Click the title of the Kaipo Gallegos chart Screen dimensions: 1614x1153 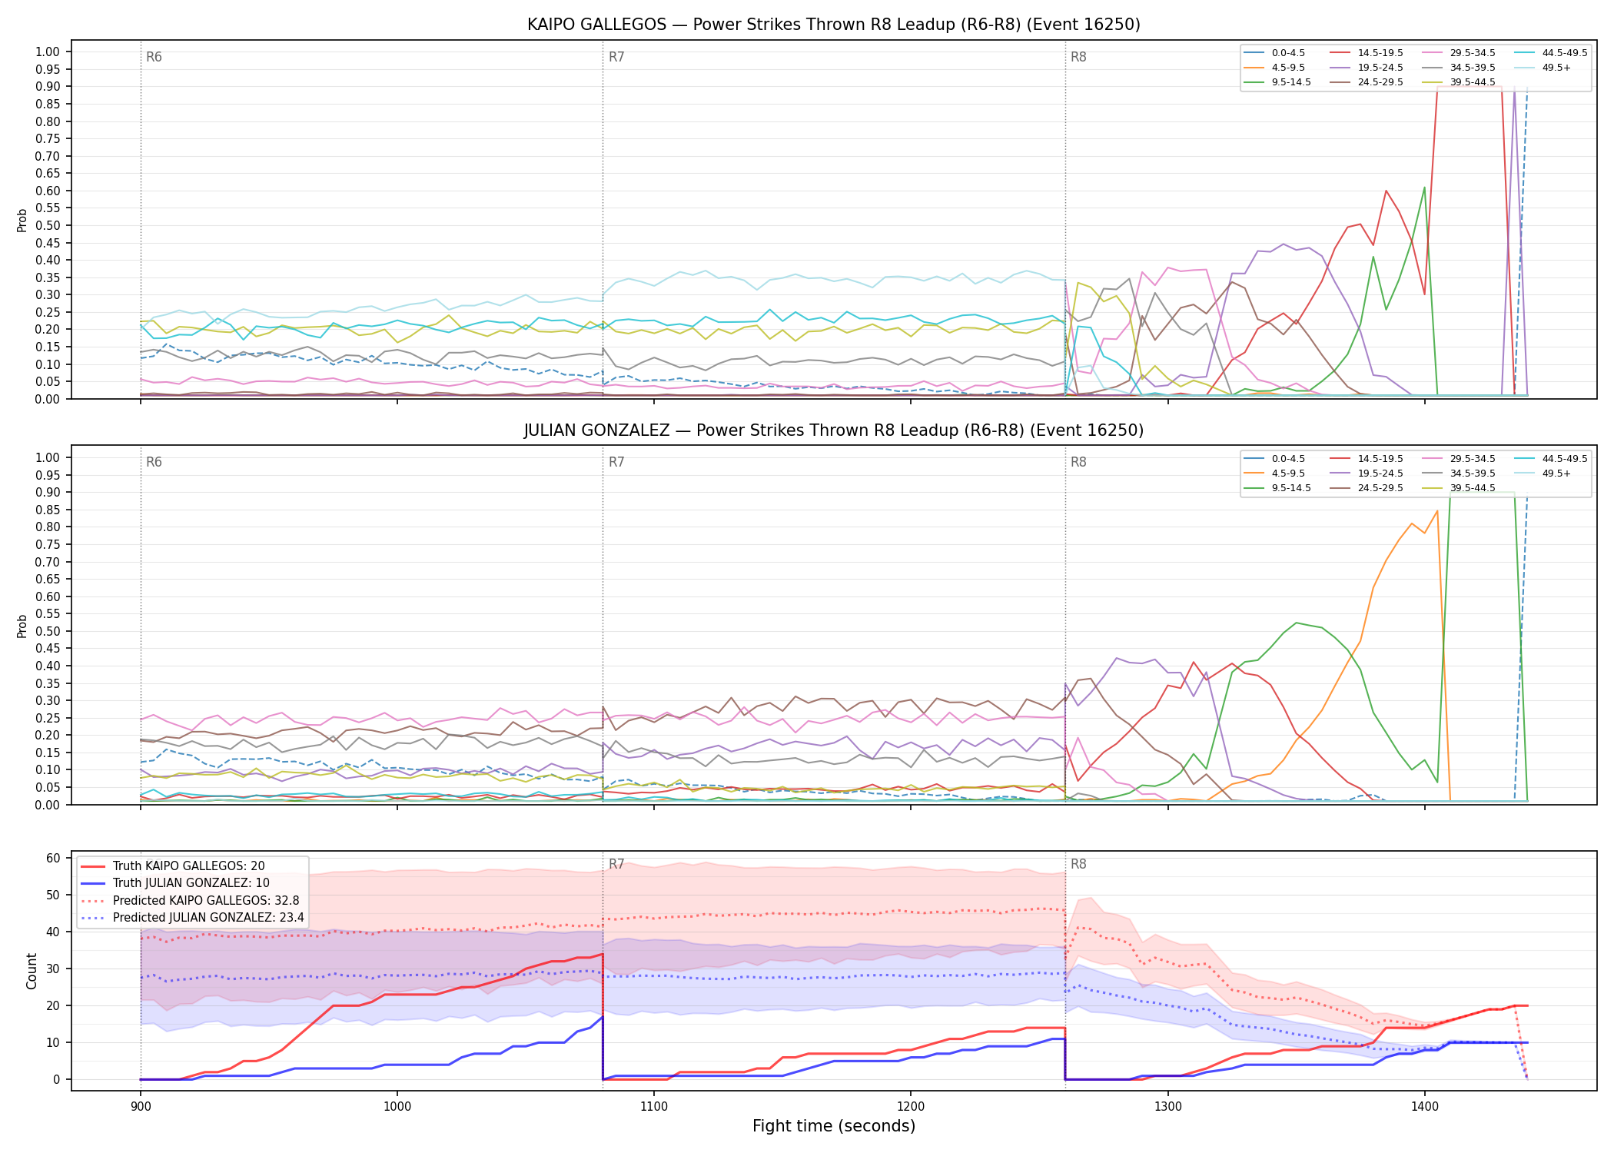pos(834,25)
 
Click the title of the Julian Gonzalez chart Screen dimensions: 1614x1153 pos(834,430)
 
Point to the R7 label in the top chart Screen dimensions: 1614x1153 pos(616,57)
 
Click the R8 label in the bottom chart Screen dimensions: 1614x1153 pos(1078,864)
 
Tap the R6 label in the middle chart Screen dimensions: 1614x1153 pos(154,462)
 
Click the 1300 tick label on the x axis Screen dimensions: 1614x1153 pos(1167,1106)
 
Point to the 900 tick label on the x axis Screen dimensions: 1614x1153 pos(140,1106)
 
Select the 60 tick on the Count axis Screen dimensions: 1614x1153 pos(54,858)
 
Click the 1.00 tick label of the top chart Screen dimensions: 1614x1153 pos(48,52)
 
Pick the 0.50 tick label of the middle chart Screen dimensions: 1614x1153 pos(48,631)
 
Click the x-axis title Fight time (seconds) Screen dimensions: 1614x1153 pos(834,1126)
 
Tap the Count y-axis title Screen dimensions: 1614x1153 pos(32,971)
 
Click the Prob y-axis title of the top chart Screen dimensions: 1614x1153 pos(22,220)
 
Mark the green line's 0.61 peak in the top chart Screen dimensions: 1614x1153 pos(1424,187)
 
